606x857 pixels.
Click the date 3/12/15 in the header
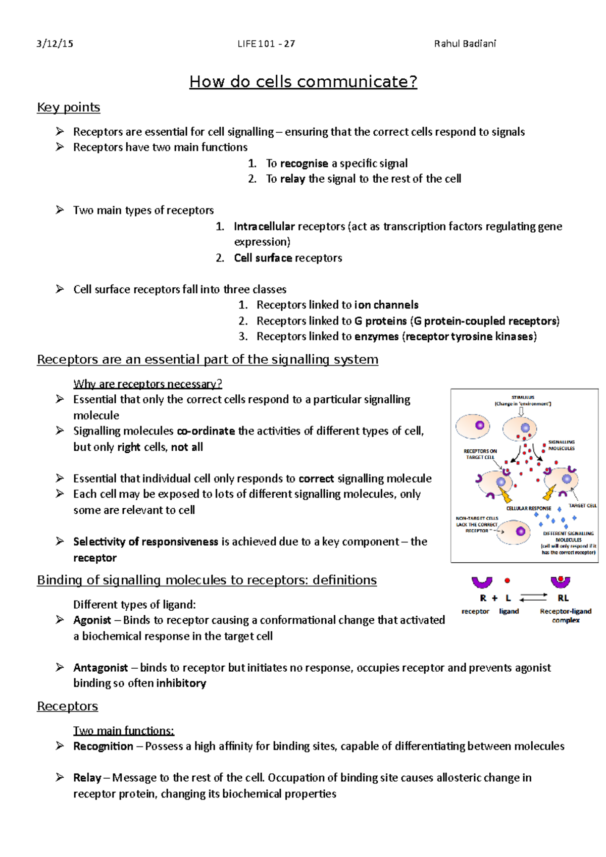55,43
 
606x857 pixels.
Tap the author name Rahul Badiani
465,43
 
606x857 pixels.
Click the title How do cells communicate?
303,82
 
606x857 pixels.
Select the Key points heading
68,108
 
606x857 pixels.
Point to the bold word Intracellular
264,227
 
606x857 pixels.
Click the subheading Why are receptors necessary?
147,384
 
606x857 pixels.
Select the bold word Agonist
92,620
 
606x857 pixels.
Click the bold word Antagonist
100,668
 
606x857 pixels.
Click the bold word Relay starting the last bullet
87,778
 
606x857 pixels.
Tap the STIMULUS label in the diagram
523,397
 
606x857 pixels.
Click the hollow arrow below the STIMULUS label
521,411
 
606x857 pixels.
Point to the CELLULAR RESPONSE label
529,508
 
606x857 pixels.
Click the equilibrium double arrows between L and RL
533,598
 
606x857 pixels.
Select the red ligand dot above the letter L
508,581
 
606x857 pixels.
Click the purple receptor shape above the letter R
482,582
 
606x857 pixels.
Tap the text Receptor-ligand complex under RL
566,615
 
